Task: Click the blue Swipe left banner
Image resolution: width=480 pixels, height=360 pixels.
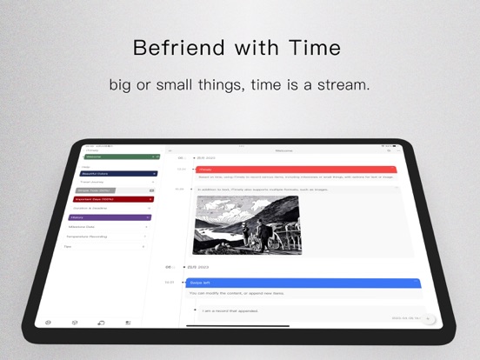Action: (305, 283)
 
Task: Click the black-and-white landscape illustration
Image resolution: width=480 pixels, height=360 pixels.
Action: (247, 224)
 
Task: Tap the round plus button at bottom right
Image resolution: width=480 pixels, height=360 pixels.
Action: (427, 319)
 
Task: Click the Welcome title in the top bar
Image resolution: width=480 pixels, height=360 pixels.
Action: (283, 150)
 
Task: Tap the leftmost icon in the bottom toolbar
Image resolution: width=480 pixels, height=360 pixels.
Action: (48, 323)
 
